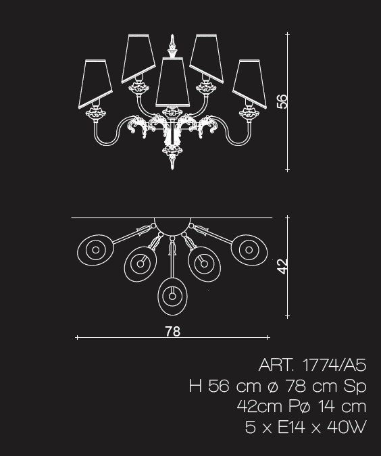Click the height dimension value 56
click(282, 101)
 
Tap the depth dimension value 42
click(282, 266)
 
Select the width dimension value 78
click(173, 331)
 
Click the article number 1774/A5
click(334, 365)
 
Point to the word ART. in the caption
click(276, 365)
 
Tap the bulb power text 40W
click(347, 427)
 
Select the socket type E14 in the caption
click(291, 427)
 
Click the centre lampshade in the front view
click(173, 82)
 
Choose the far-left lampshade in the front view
click(95, 84)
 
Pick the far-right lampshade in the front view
click(250, 84)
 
